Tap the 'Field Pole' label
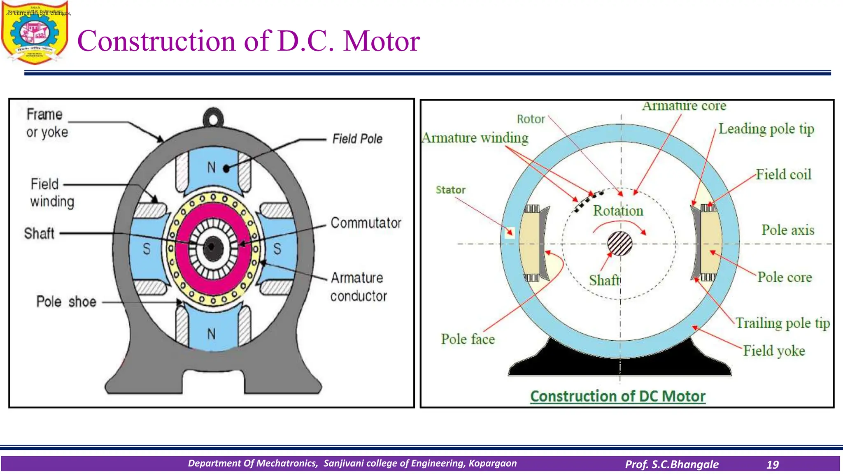coord(357,139)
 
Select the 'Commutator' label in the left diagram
coord(366,223)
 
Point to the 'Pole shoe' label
coord(66,302)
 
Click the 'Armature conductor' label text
coord(358,287)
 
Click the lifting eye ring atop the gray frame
coord(213,119)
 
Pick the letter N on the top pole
coord(211,167)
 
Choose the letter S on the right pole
coord(277,249)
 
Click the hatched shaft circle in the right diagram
coord(620,244)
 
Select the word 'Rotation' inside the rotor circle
coord(618,211)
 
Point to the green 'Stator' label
coord(451,190)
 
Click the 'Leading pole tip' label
coord(766,129)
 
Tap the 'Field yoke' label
coord(774,351)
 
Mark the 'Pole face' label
coord(468,339)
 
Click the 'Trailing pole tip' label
coord(782,323)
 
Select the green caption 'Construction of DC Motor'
coord(617,396)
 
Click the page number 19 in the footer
coord(772,465)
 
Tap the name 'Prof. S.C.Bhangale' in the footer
coord(672,465)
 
